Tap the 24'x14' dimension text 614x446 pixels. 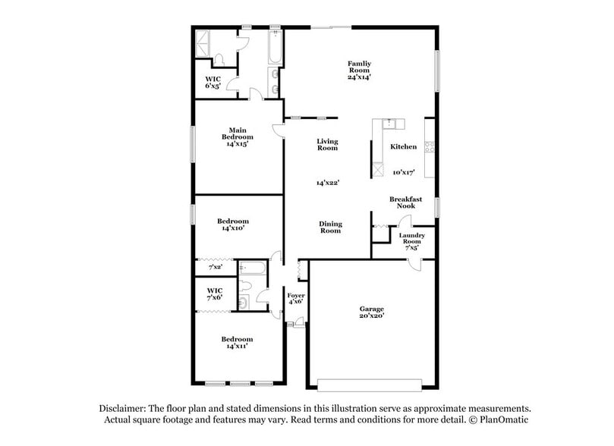(x=359, y=77)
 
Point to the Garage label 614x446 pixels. (x=371, y=309)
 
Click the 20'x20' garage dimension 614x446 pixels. (x=371, y=316)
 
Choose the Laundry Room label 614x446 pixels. (x=411, y=239)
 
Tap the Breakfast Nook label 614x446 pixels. (x=406, y=203)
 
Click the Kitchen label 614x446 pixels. (x=404, y=146)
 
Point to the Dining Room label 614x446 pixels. (x=330, y=227)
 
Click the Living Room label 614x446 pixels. (x=327, y=144)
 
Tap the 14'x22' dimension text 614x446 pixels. (x=327, y=182)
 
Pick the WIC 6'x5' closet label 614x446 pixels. (x=213, y=83)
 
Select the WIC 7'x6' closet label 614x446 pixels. (x=214, y=295)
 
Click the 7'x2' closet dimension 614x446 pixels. (x=216, y=268)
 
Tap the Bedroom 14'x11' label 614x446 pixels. (x=237, y=342)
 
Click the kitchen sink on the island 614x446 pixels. (x=393, y=124)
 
